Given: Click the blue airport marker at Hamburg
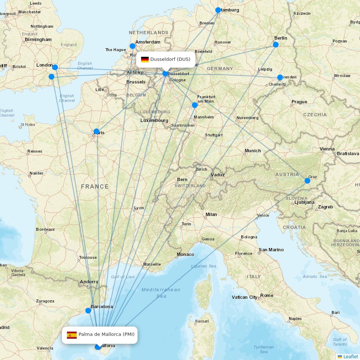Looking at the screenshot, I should point(218,10).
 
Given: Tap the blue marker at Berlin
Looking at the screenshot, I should point(276,45).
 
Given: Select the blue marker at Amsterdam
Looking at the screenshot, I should point(132,46).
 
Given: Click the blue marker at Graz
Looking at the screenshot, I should point(307,181).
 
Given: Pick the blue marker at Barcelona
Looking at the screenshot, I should point(88,310).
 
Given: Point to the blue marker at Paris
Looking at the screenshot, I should point(96,131).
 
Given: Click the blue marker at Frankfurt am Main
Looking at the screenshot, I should point(195,105).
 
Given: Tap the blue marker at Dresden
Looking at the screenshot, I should point(280,77).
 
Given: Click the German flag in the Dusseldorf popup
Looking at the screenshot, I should point(145,59).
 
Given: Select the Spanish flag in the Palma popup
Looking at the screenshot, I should point(72,335).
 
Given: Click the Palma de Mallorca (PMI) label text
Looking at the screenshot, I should point(107,334).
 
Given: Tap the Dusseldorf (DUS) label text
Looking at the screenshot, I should point(170,59).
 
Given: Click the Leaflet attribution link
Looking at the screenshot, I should point(350,356).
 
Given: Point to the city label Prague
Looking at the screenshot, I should point(299,102).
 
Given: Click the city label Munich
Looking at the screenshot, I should point(253,151).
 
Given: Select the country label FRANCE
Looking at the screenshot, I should point(95,186).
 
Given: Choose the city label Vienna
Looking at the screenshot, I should point(327,149).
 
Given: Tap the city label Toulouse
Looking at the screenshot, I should point(88,257).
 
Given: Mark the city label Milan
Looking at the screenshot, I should point(211,215).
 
